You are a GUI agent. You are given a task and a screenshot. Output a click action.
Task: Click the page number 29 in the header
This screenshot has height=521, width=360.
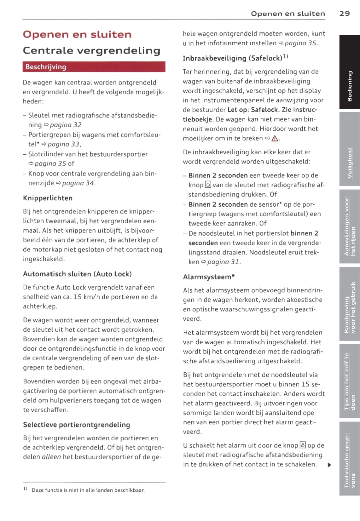tap(344, 14)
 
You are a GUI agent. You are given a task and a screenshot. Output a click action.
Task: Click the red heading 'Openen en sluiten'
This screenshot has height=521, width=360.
tap(77, 34)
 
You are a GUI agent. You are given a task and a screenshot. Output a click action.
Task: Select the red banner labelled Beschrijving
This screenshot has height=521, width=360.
tap(94, 67)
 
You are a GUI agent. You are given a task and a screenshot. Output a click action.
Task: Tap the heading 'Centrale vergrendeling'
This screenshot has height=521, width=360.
tap(91, 50)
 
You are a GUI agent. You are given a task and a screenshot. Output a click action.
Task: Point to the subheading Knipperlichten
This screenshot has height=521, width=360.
tap(48, 198)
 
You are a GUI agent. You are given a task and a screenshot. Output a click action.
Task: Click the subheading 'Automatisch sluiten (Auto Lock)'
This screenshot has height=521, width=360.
tap(77, 274)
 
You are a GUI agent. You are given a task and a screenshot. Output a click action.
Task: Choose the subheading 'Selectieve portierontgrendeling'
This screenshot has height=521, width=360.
tap(76, 425)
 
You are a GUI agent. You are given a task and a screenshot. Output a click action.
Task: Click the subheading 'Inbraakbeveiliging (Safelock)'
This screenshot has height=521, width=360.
tap(232, 58)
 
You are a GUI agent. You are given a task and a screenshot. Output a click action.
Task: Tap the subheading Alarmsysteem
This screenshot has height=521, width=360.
tap(209, 277)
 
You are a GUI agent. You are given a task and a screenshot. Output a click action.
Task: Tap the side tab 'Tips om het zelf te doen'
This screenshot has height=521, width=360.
tap(349, 381)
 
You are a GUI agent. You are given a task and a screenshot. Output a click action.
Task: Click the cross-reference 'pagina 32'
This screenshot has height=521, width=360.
tap(65, 125)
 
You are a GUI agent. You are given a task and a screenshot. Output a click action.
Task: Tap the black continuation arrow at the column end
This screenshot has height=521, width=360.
tap(329, 465)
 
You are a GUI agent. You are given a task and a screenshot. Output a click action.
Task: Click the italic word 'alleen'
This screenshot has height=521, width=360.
tap(51, 457)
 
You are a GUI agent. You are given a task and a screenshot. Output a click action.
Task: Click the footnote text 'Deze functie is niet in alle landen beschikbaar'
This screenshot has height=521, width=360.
tap(88, 490)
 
